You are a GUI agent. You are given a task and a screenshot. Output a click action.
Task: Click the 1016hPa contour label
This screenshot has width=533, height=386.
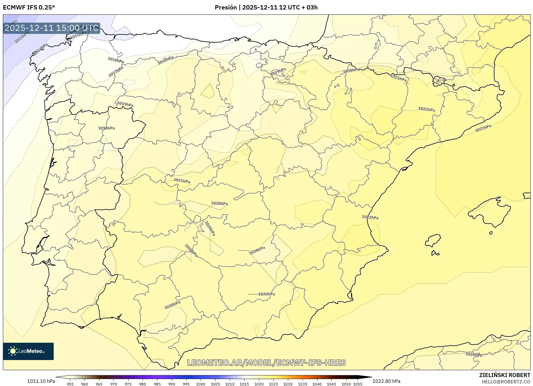[115, 60]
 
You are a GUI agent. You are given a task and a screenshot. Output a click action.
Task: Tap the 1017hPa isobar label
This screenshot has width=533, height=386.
[116, 72]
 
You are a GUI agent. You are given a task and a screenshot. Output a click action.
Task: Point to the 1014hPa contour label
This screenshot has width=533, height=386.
[40, 49]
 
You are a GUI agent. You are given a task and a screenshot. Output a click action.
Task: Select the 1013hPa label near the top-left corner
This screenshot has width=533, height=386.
[22, 38]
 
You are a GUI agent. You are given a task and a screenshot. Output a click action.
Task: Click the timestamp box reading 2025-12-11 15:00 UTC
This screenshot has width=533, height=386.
[51, 28]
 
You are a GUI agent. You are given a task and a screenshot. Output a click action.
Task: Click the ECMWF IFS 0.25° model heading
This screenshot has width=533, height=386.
[29, 8]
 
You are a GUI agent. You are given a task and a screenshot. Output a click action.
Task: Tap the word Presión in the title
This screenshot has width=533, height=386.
[225, 8]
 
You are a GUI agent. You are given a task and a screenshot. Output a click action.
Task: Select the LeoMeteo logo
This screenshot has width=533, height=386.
[28, 351]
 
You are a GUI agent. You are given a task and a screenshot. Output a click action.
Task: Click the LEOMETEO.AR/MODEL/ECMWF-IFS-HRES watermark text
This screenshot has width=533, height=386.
[266, 363]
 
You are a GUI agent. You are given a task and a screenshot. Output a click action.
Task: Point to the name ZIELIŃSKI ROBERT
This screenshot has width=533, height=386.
[504, 375]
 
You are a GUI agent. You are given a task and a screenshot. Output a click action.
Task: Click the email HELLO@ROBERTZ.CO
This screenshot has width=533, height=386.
[506, 382]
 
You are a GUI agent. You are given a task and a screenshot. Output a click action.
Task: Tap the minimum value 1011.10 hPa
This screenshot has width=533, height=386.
[41, 381]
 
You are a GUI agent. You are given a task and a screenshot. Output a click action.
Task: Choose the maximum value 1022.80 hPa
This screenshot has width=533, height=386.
[386, 381]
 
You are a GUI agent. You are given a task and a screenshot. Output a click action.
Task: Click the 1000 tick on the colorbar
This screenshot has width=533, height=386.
[201, 384]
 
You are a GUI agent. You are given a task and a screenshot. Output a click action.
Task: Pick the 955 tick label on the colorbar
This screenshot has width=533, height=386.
[70, 384]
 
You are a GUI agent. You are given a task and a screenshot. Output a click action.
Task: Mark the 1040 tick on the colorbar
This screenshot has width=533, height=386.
[317, 384]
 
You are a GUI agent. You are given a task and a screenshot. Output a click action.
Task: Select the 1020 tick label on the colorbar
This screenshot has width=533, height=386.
[259, 384]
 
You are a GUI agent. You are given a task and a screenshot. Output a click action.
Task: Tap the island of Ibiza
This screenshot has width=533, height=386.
[433, 240]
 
